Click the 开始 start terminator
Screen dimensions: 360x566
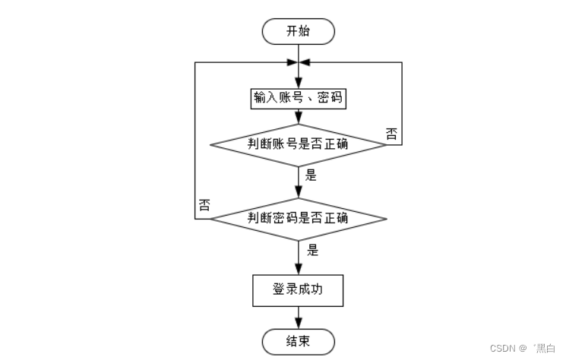pos(298,31)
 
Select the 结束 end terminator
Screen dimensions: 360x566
pos(298,339)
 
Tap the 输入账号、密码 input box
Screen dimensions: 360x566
pos(298,99)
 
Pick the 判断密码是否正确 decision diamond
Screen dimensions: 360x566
pos(298,219)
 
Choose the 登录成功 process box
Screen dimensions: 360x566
pos(298,289)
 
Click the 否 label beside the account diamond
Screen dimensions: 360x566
pos(391,134)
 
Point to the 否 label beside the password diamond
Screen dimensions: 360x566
pos(204,205)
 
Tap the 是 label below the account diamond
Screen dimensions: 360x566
pos(311,175)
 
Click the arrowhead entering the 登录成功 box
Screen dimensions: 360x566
pos(298,270)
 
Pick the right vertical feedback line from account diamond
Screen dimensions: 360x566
pos(401,103)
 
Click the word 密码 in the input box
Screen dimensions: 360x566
pos(328,99)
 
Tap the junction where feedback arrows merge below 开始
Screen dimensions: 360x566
pos(298,62)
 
